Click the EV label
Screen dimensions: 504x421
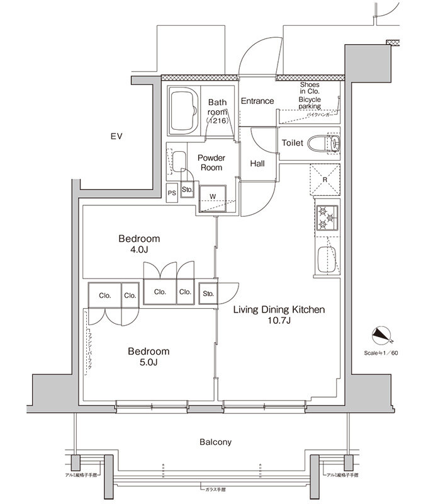(115, 137)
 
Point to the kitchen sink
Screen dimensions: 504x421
(326, 258)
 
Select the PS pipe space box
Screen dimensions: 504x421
(172, 193)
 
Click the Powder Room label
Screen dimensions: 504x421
(211, 163)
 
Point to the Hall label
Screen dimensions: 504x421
(257, 163)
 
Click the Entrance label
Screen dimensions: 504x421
(257, 101)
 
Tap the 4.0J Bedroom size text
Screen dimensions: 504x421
(139, 250)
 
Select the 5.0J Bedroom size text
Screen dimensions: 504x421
(149, 362)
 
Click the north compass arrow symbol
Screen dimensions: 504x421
(381, 335)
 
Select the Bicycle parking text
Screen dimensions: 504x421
(310, 103)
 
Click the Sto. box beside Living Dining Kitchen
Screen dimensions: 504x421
(208, 293)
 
